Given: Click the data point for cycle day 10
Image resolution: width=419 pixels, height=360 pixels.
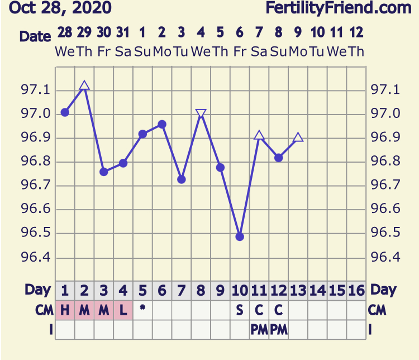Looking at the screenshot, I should point(240,236).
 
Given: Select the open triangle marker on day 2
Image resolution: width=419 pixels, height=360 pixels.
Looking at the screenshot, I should point(84,86).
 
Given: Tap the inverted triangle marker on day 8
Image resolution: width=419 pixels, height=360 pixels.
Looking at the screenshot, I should point(201,114).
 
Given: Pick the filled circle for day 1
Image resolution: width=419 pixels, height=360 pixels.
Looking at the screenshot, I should point(65,112).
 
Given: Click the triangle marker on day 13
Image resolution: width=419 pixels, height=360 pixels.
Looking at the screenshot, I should point(298,137).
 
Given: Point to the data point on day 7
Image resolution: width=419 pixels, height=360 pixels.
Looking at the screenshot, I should point(182,179).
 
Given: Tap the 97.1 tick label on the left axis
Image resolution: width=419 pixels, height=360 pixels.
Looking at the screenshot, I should point(35,90).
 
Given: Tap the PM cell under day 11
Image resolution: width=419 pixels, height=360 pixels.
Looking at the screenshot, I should point(259,330).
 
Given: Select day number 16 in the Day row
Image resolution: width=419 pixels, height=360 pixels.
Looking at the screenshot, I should point(356,291).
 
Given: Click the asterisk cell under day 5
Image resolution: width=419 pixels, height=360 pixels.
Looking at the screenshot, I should point(142,309).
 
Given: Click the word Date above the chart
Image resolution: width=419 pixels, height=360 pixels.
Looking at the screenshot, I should point(35,36).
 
